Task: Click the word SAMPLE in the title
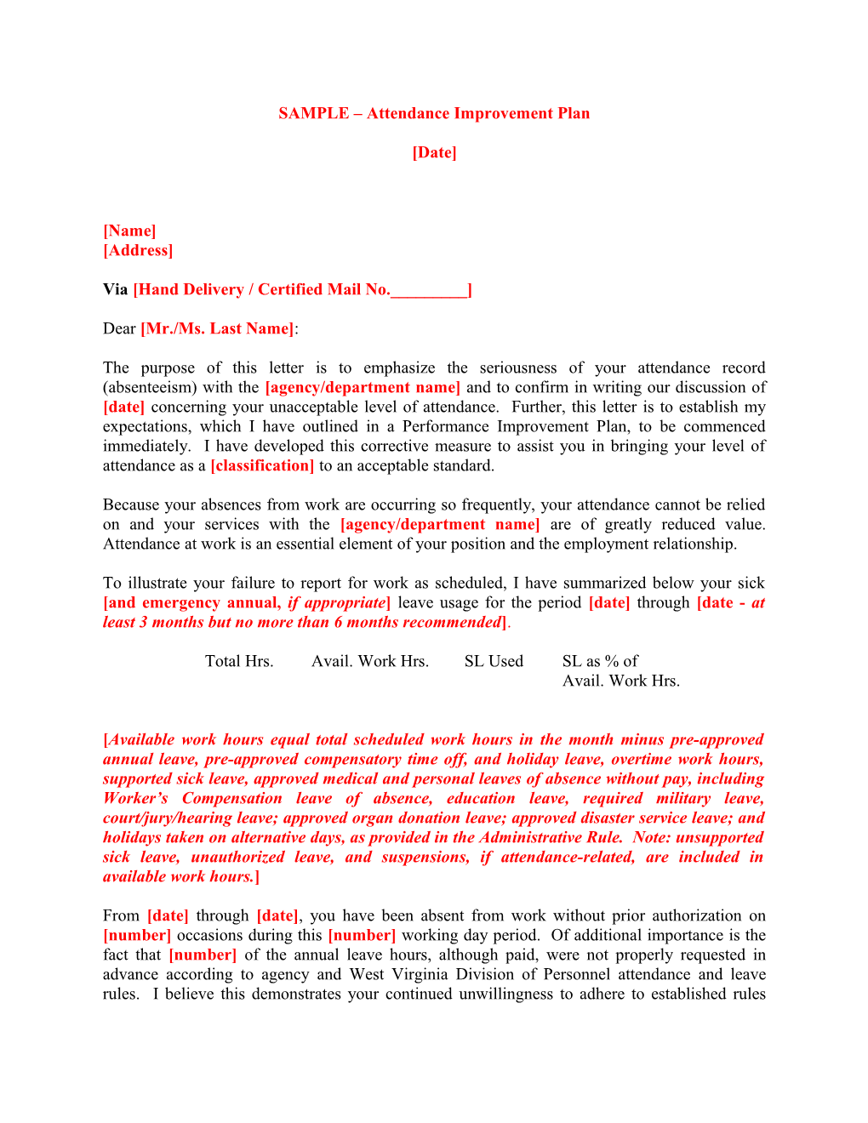(313, 113)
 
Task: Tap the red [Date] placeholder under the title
(434, 152)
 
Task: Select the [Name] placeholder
(129, 231)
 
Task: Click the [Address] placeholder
(138, 250)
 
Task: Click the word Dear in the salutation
(119, 328)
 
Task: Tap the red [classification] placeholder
(262, 465)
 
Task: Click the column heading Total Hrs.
(239, 661)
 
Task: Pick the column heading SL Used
(494, 661)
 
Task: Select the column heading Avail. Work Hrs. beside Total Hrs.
(370, 661)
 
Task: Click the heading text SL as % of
(600, 661)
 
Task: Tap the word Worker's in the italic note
(135, 798)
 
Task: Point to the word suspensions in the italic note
(425, 857)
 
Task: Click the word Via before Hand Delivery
(115, 289)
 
